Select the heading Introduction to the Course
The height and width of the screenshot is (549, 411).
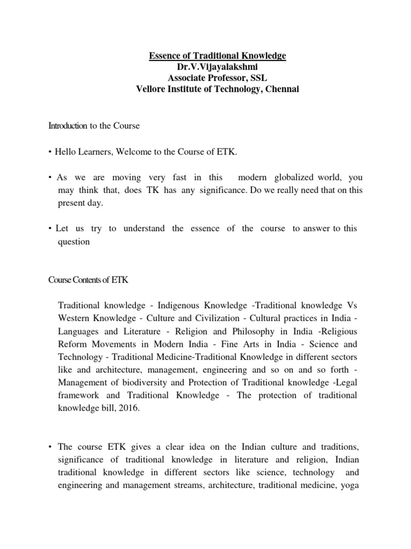(x=94, y=126)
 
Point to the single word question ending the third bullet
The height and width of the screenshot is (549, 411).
(x=74, y=241)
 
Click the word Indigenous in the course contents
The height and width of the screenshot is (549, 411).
(x=178, y=306)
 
